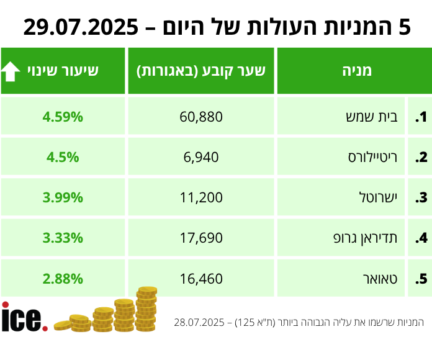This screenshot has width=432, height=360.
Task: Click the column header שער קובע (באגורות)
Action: click(201, 71)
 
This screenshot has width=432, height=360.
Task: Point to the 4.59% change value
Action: click(63, 117)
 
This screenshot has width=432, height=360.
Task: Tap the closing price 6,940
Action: click(201, 158)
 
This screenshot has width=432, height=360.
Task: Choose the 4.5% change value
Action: click(63, 158)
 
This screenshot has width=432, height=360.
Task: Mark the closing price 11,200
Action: click(201, 198)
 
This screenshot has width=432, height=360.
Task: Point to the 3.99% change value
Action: click(63, 198)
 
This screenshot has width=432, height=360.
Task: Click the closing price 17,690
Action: click(201, 238)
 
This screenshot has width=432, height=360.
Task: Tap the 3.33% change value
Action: click(63, 238)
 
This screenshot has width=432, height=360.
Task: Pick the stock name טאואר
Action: click(379, 279)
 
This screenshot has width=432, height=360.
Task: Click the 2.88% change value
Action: click(63, 279)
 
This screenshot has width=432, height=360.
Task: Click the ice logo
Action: click(24, 317)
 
